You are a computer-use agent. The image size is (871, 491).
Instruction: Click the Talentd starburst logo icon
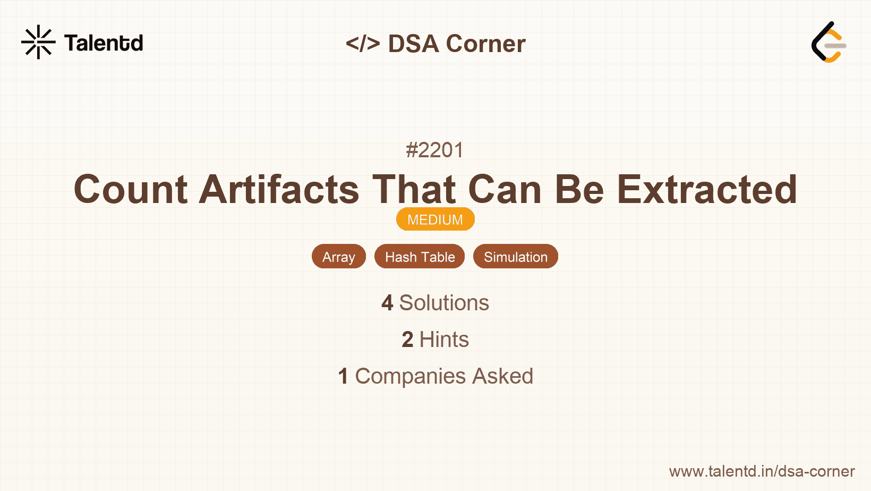[x=38, y=42]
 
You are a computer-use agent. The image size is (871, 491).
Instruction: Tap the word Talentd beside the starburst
[x=104, y=43]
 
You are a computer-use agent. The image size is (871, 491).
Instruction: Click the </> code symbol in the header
[x=363, y=44]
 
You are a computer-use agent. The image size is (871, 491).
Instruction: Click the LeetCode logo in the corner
[x=829, y=43]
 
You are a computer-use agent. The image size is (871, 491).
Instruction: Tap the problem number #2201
[x=435, y=150]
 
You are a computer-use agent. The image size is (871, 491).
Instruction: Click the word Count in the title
[x=131, y=189]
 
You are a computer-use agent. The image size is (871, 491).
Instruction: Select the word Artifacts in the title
[x=279, y=189]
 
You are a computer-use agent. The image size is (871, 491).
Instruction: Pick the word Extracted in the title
[x=707, y=189]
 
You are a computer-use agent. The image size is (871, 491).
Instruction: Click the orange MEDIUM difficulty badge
[x=435, y=219]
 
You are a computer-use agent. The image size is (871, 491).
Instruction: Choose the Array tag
[x=339, y=257]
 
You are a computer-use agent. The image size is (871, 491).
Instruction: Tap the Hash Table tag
[x=420, y=257]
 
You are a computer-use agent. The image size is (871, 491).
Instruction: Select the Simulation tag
[x=515, y=257]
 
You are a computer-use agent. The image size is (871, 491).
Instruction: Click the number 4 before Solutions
[x=387, y=303]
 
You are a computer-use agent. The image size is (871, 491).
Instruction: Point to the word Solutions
[x=444, y=303]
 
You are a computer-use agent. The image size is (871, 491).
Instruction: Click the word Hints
[x=444, y=340]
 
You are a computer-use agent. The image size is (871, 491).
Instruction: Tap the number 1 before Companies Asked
[x=343, y=376]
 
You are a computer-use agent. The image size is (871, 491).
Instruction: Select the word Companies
[x=411, y=376]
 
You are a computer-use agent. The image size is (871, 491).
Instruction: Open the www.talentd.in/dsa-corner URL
[x=762, y=471]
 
